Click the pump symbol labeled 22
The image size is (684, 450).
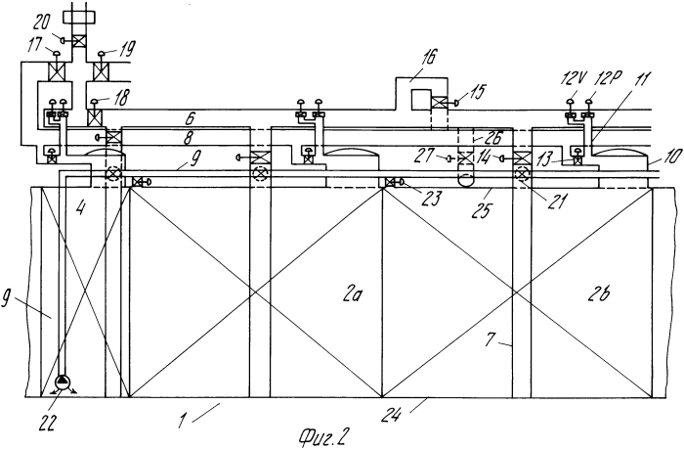64,383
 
